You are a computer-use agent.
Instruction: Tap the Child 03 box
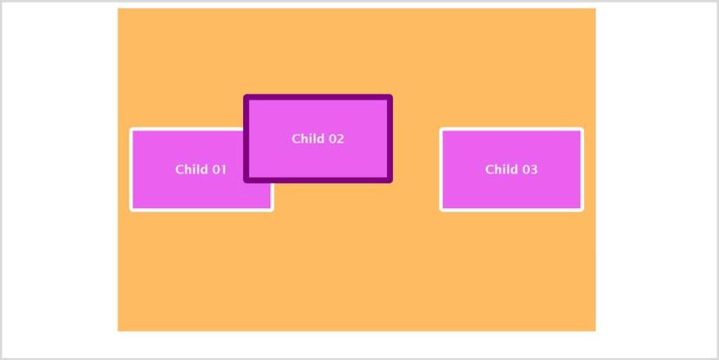click(512, 169)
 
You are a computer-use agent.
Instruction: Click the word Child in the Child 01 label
click(190, 169)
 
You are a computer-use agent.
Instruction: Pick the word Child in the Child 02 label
click(307, 139)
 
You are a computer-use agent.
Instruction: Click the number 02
click(336, 139)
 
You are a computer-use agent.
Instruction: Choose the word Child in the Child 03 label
click(500, 169)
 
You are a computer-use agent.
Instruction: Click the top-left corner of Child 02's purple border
click(247, 98)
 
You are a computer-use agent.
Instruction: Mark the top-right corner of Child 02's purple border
click(390, 98)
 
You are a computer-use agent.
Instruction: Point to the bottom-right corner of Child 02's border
click(390, 180)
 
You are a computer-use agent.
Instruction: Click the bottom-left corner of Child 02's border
click(247, 180)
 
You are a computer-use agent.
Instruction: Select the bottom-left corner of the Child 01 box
click(132, 209)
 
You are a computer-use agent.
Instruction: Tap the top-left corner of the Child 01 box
click(132, 130)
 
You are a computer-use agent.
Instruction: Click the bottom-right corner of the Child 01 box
click(272, 209)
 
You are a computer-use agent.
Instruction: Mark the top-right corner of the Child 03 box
click(581, 130)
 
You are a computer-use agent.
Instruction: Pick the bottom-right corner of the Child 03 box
click(581, 209)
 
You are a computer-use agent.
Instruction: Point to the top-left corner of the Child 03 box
click(442, 130)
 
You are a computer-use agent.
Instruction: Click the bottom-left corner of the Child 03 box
click(442, 209)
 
